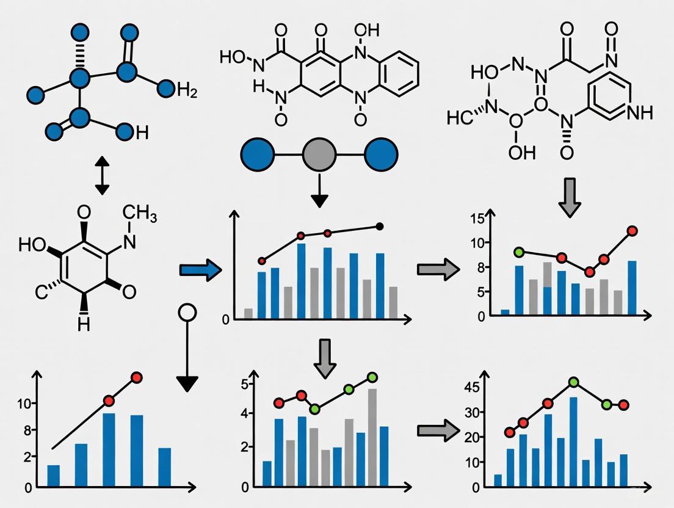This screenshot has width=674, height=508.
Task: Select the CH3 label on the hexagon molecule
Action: pos(142,213)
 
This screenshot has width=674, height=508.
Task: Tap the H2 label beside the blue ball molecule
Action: pos(186,92)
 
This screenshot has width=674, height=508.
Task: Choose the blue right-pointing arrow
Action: pos(200,269)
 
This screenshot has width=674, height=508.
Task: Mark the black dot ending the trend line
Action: pos(380,227)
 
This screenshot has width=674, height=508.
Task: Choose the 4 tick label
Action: pos(245,413)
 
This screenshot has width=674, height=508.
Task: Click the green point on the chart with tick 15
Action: pos(519,252)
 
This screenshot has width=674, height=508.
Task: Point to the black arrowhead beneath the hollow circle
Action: pos(187,383)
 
